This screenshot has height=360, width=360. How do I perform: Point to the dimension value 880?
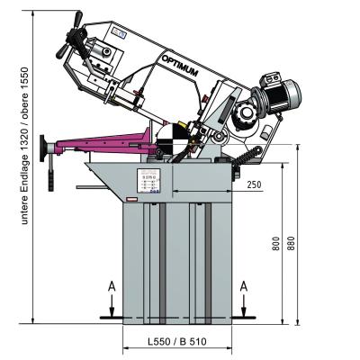(290, 243)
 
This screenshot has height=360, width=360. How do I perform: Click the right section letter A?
(244, 285)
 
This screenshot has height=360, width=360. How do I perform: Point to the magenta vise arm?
(99, 141)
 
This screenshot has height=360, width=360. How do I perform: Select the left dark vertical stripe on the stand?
(160, 261)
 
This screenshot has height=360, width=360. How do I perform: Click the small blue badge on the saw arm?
(119, 34)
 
